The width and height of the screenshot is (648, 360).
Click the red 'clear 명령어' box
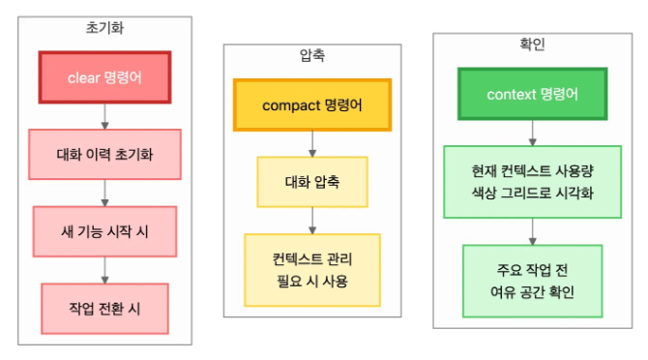[104, 75]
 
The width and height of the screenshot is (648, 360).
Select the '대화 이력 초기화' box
[104, 153]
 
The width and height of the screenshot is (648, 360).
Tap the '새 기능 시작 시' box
[104, 230]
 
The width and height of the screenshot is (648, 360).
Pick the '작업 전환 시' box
[104, 307]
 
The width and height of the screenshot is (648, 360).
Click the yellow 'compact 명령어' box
[311, 104]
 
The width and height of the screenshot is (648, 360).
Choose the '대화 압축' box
[311, 181]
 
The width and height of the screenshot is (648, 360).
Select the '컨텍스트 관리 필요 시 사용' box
[311, 268]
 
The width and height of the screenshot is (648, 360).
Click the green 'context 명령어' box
[533, 94]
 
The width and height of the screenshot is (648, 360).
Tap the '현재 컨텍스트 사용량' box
[533, 181]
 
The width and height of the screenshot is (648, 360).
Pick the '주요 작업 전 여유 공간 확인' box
[533, 281]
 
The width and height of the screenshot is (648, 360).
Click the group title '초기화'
[104, 28]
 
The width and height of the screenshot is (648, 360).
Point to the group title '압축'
[311, 57]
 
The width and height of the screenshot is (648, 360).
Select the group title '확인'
[533, 45]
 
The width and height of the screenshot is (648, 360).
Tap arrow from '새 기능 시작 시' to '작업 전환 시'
[104, 269]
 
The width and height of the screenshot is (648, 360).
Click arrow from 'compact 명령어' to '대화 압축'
[311, 142]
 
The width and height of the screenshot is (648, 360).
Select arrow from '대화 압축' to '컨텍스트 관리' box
[311, 220]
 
